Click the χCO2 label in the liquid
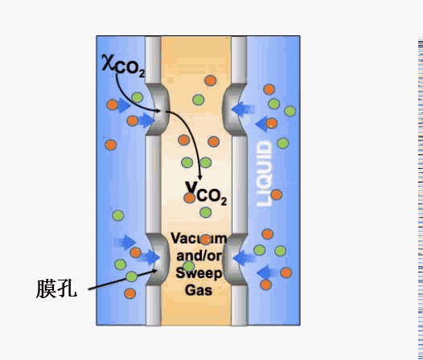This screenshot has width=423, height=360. click(124, 66)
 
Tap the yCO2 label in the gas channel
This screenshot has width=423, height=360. click(206, 193)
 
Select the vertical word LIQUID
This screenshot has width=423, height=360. click(264, 174)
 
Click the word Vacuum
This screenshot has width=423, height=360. click(199, 239)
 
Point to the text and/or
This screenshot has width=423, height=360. click(199, 256)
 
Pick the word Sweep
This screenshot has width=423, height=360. click(199, 273)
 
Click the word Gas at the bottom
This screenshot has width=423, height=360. click(199, 290)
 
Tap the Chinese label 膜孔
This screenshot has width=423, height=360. click(56, 288)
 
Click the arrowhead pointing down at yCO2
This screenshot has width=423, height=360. click(200, 177)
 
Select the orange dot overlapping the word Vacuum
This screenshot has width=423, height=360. click(206, 239)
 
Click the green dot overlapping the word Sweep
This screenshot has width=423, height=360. click(188, 266)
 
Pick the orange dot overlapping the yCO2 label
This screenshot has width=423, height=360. click(190, 198)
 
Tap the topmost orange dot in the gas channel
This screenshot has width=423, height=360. click(211, 80)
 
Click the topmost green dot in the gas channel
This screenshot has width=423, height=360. click(199, 100)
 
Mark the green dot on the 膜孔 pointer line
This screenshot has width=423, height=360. click(132, 276)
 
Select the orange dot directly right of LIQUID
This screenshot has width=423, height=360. click(277, 194)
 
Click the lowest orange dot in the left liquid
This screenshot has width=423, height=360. click(129, 293)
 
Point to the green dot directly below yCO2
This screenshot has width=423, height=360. click(206, 212)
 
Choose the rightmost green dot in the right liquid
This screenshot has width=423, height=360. click(290, 111)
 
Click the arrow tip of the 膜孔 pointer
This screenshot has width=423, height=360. click(158, 270)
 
